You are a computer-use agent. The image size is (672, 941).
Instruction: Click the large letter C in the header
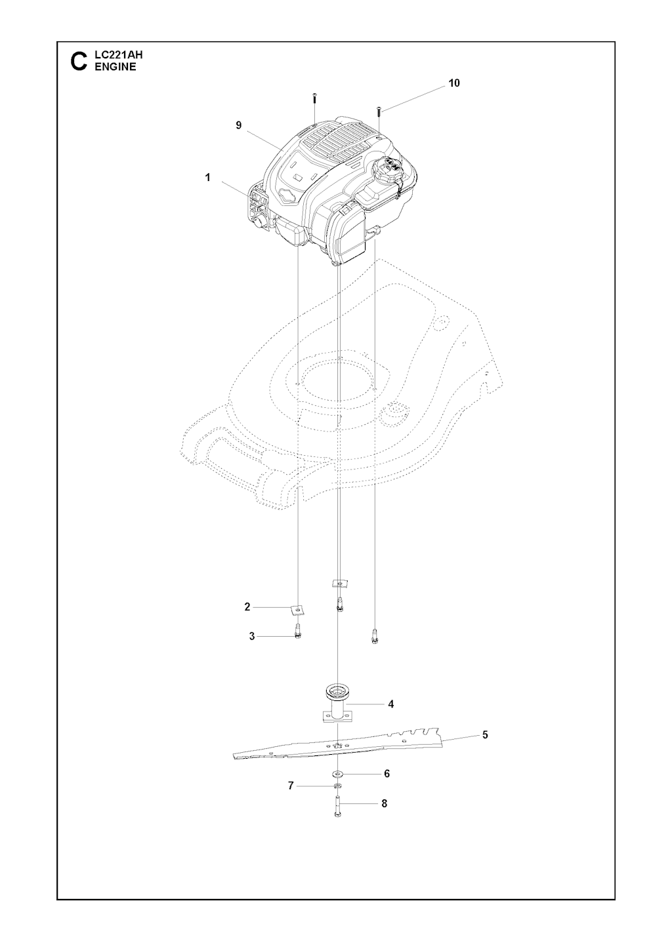click(79, 62)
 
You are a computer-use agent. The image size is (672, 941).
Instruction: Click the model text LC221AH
click(119, 55)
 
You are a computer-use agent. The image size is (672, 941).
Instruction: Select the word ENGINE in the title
click(115, 67)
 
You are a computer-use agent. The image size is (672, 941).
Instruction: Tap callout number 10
click(454, 83)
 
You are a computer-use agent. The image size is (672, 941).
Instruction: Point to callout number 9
click(239, 125)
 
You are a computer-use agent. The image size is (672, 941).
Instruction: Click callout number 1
click(207, 178)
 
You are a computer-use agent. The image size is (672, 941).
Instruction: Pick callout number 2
click(247, 607)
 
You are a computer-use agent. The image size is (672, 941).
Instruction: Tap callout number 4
click(390, 704)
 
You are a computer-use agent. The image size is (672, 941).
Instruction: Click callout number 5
click(485, 734)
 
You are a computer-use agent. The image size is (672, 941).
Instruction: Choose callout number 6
click(387, 773)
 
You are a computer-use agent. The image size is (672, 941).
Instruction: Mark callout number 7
click(291, 786)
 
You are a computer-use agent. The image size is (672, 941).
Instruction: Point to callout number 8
click(384, 803)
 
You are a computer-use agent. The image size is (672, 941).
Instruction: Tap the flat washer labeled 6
click(338, 773)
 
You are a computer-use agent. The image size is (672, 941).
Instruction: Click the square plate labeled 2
click(297, 610)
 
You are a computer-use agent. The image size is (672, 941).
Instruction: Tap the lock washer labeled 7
click(337, 786)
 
